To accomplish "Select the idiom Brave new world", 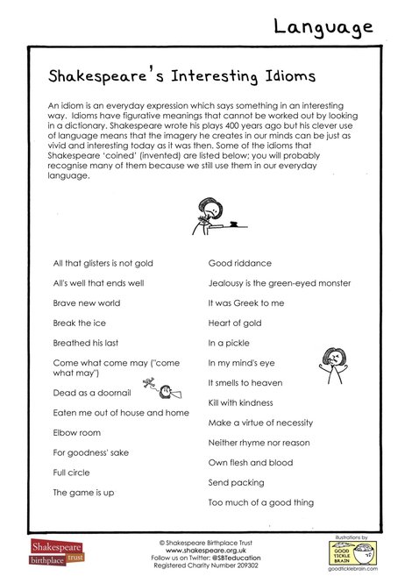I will tap(88, 302).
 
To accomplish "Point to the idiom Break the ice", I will tap(80, 323).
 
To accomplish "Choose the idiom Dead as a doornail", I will tap(91, 392).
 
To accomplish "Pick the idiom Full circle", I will tap(72, 473).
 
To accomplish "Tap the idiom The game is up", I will tap(83, 493).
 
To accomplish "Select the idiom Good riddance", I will tap(239, 262).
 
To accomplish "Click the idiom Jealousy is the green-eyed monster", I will tap(279, 282).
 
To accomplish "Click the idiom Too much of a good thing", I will tap(260, 502).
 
